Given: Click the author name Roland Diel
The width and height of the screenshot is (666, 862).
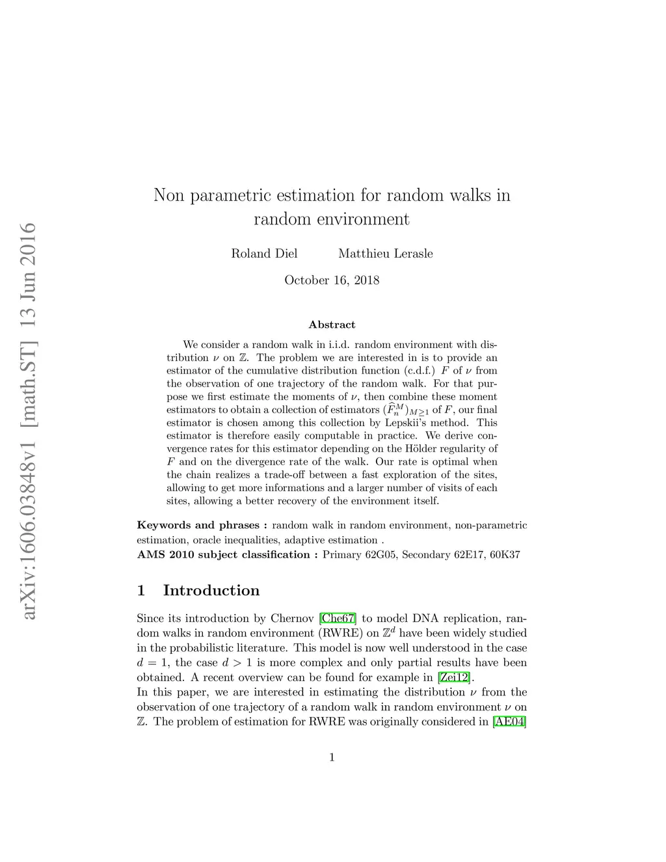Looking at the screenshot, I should (x=264, y=254).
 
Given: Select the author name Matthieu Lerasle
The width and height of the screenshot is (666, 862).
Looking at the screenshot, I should (x=385, y=254).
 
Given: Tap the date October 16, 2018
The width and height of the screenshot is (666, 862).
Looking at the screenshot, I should (x=332, y=280).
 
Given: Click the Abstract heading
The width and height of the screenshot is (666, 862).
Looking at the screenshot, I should (x=332, y=325).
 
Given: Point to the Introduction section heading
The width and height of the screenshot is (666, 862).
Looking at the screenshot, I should (x=211, y=591).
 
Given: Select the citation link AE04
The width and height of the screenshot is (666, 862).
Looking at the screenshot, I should (x=510, y=721).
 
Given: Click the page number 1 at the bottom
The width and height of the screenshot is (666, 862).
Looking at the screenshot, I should (x=332, y=757).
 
